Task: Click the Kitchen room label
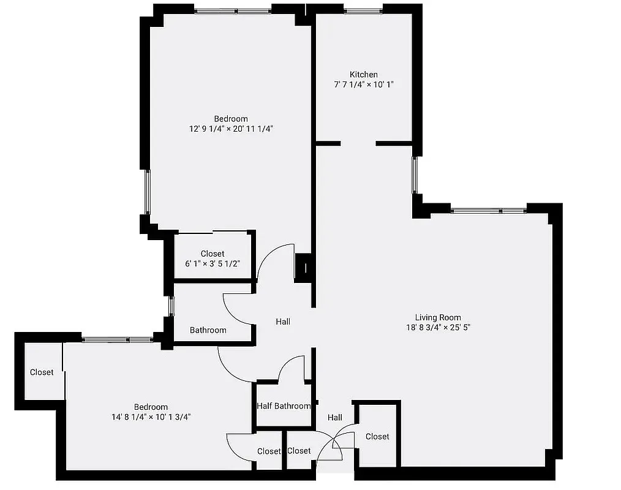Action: pyautogui.click(x=364, y=75)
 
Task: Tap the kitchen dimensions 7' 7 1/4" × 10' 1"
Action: pyautogui.click(x=364, y=85)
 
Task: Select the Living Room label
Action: pyautogui.click(x=438, y=317)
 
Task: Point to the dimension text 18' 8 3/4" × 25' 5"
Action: pyautogui.click(x=438, y=328)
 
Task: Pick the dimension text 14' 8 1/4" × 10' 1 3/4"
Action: pyautogui.click(x=151, y=417)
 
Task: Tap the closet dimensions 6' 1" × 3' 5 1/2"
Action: pyautogui.click(x=213, y=264)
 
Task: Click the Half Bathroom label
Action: pyautogui.click(x=284, y=406)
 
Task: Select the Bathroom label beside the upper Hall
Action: pyautogui.click(x=208, y=330)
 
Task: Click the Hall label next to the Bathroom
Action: pyautogui.click(x=283, y=322)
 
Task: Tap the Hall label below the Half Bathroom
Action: pyautogui.click(x=334, y=418)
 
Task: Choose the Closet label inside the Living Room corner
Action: pyautogui.click(x=377, y=437)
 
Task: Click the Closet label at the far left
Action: pyautogui.click(x=42, y=372)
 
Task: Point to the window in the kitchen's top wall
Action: pyautogui.click(x=363, y=10)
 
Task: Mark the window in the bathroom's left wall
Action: pyautogui.click(x=171, y=306)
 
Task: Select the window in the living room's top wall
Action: pyautogui.click(x=489, y=211)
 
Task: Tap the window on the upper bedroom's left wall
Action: pyautogui.click(x=147, y=191)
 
